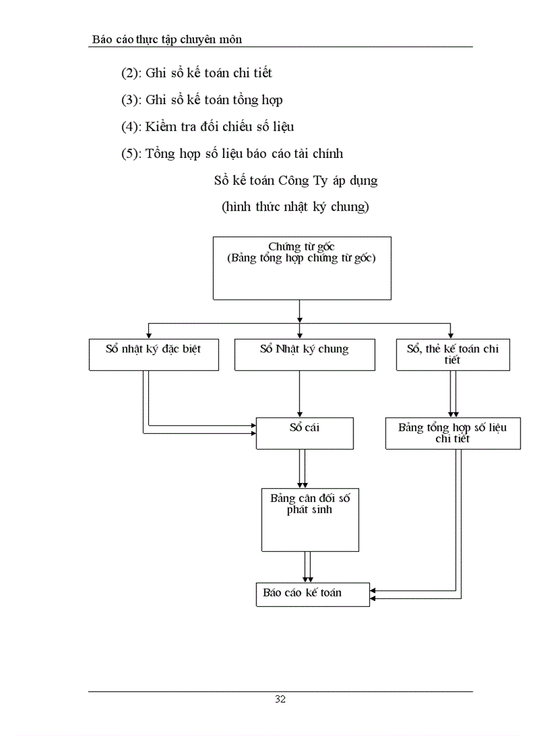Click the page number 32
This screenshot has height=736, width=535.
[x=280, y=699]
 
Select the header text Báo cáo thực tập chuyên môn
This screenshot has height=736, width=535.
[x=167, y=40]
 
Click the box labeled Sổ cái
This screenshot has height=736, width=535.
[x=304, y=433]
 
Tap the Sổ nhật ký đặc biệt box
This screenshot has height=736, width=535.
[x=153, y=355]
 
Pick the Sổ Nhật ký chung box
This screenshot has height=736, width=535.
[x=305, y=355]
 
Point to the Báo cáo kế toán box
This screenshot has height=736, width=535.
[x=312, y=593]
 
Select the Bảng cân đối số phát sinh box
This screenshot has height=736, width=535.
[x=309, y=520]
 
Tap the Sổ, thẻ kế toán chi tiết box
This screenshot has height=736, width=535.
[x=452, y=355]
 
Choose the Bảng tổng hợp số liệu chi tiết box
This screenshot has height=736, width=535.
[x=452, y=433]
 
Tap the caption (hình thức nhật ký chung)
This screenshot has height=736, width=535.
[x=295, y=207]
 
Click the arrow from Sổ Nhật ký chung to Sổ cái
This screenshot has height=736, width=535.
[x=300, y=394]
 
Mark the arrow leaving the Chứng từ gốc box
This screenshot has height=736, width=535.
[x=300, y=311]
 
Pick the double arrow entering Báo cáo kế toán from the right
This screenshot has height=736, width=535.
[x=413, y=594]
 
